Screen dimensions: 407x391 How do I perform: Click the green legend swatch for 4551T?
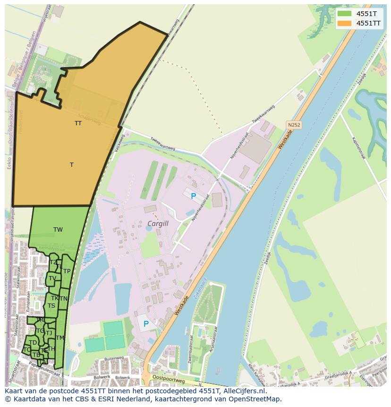345,14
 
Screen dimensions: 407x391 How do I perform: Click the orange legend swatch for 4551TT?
345,23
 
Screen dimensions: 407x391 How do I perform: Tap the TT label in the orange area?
78,123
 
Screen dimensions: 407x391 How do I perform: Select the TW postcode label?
58,230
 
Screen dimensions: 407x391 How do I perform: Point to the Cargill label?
158,224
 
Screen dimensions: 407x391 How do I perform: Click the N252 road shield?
294,125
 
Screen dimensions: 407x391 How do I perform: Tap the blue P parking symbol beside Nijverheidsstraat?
193,196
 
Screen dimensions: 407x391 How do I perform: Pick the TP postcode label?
67,271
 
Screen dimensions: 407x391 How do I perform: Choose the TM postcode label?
60,338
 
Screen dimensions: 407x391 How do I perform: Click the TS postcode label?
51,306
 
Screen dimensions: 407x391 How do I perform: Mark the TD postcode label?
33,343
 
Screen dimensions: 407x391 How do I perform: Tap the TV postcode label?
52,278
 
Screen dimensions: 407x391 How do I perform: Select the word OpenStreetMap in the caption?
254,399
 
